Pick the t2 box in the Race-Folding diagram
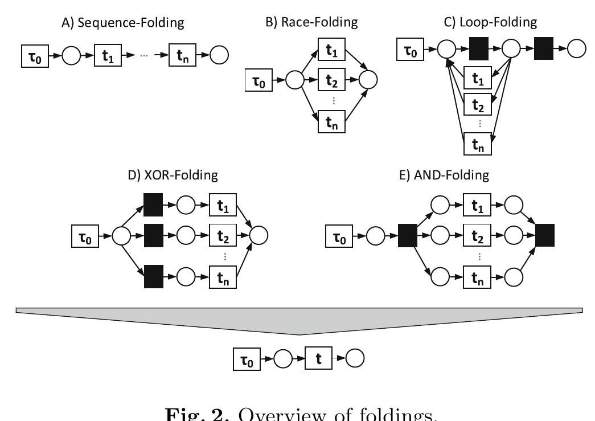(331, 81)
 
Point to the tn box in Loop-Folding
(478, 144)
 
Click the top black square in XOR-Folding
(153, 205)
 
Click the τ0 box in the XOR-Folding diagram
(85, 235)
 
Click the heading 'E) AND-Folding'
(444, 175)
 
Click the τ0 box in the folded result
(247, 359)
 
